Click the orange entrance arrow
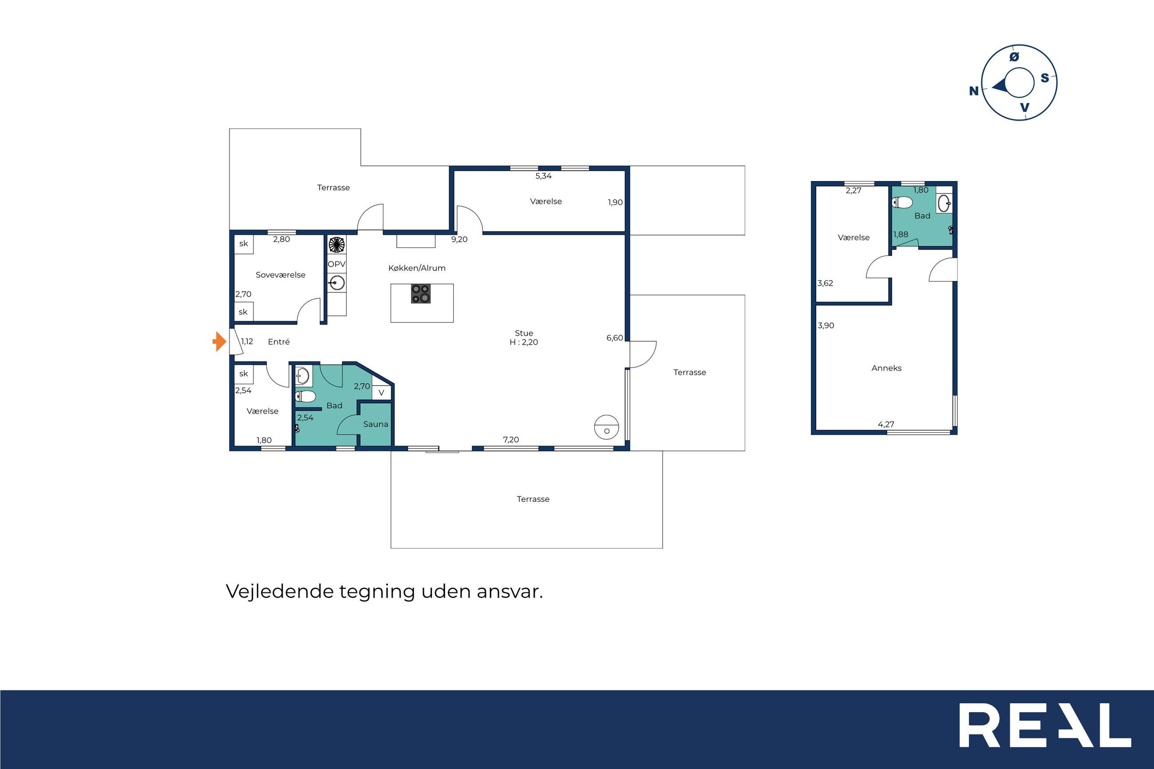219,341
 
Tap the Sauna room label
375,424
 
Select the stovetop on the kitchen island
421,294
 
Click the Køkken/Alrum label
417,268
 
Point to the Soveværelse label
281,275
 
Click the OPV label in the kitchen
337,264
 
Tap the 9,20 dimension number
459,239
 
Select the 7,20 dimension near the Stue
511,439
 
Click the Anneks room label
886,368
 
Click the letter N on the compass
974,91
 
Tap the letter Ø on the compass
1014,57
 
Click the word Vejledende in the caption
280,592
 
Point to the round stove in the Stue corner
607,427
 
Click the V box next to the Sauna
382,392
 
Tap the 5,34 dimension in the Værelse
543,176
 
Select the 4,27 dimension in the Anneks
886,424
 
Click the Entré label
279,342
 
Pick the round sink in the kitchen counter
337,283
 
